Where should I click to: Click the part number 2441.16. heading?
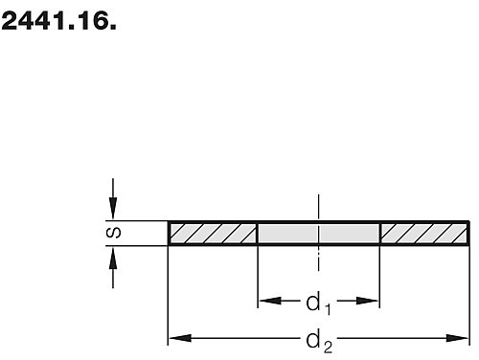(58, 21)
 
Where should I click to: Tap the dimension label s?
(113, 233)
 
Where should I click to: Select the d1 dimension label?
(318, 304)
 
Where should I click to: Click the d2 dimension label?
(319, 343)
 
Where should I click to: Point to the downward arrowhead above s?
(113, 208)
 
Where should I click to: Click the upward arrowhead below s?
(113, 259)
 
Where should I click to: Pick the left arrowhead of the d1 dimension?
(270, 301)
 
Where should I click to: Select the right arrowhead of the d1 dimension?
(367, 301)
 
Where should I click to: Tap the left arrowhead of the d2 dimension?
(180, 338)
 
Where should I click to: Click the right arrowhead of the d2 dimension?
(457, 338)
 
